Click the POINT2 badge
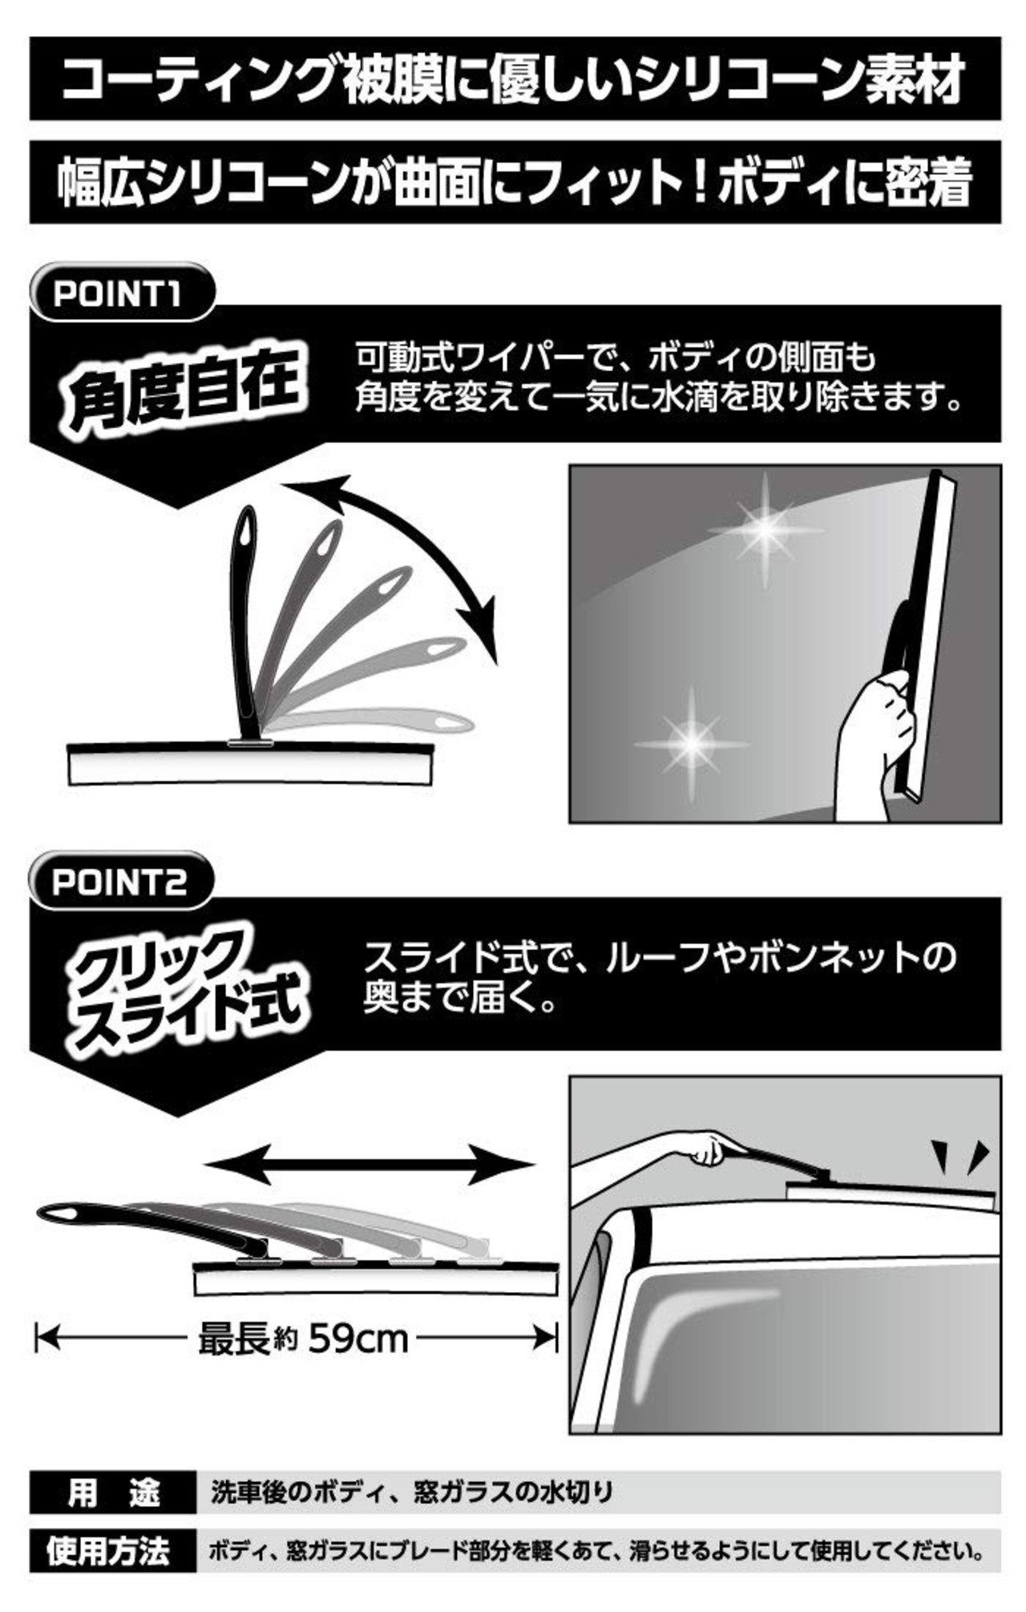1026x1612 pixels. tap(119, 882)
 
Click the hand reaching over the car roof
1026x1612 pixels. tap(705, 1146)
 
